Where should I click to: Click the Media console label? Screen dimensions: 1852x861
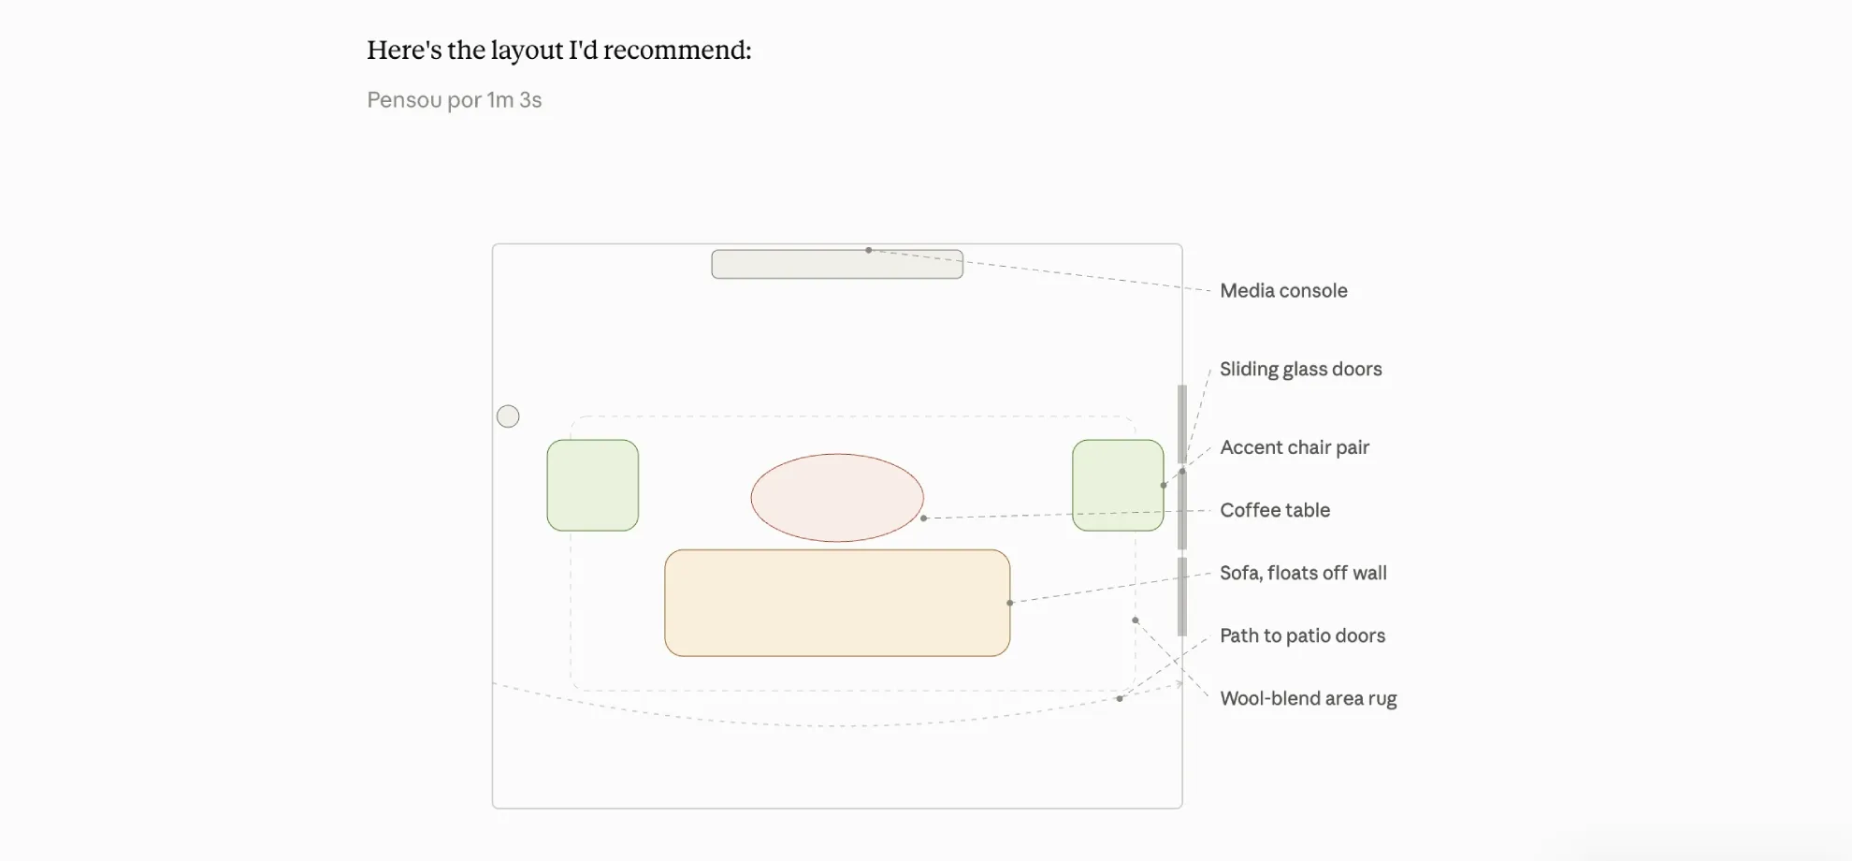[1283, 291]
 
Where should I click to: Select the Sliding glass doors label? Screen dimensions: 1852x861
[1300, 370]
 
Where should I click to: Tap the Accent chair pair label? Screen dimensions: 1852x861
[1295, 447]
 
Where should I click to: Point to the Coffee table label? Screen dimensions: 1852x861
[1275, 510]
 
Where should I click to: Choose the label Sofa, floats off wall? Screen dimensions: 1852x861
[1303, 573]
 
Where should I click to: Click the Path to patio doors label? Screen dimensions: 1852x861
[1302, 635]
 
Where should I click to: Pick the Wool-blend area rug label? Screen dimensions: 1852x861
[1308, 698]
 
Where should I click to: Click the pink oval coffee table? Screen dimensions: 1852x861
[837, 498]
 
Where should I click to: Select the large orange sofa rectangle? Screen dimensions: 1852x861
[837, 603]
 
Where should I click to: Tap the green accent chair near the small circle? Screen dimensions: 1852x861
[593, 486]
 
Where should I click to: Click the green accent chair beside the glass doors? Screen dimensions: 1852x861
[1118, 486]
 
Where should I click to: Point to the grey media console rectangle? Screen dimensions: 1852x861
[837, 264]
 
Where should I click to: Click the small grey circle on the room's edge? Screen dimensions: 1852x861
[508, 416]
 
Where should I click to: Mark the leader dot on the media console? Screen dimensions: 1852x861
[868, 250]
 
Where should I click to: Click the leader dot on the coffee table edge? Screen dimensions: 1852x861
[923, 518]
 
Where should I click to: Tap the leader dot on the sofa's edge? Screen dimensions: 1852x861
[1009, 603]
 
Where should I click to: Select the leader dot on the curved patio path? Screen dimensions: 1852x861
[1120, 698]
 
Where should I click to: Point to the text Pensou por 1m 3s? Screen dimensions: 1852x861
[455, 100]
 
